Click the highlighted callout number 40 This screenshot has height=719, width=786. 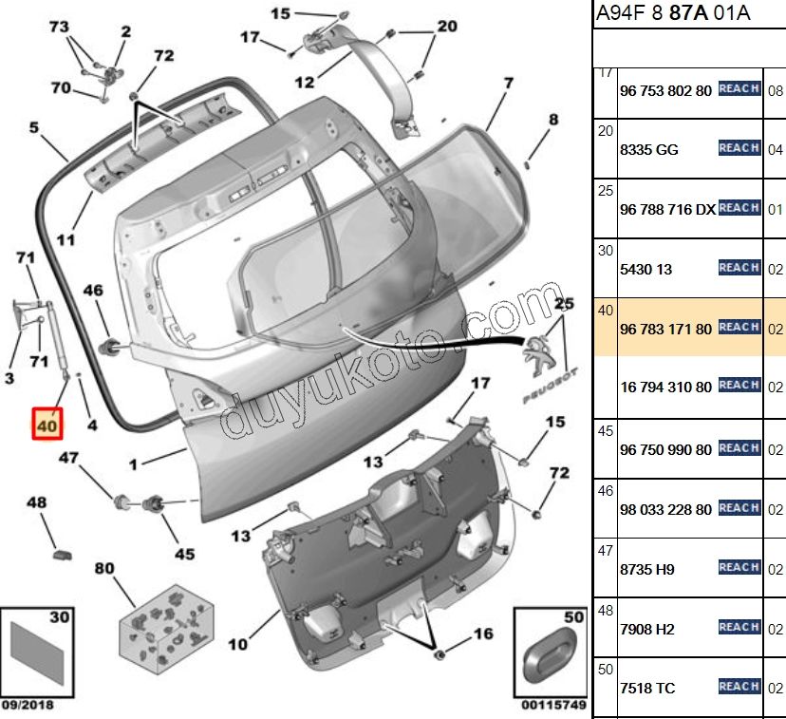pyautogui.click(x=46, y=426)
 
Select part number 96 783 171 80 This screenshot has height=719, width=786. pyautogui.click(x=664, y=329)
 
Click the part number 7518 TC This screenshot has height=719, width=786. pyautogui.click(x=647, y=688)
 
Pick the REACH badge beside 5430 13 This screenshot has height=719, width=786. pyautogui.click(x=739, y=268)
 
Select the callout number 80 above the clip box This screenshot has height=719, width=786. pyautogui.click(x=103, y=569)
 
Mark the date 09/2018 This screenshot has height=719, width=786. pyautogui.click(x=28, y=706)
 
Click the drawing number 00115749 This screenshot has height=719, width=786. pyautogui.click(x=552, y=706)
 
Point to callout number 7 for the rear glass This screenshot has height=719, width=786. pyautogui.click(x=508, y=84)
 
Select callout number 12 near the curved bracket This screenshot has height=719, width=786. pyautogui.click(x=304, y=83)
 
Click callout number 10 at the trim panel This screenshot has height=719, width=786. pyautogui.click(x=237, y=645)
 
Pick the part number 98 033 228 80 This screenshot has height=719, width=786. pyautogui.click(x=664, y=510)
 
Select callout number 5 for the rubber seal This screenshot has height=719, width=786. pyautogui.click(x=33, y=126)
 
